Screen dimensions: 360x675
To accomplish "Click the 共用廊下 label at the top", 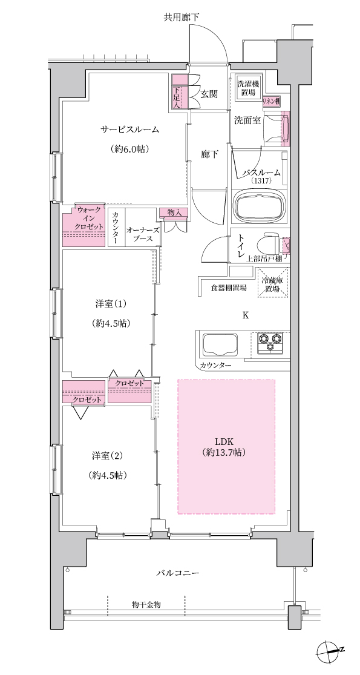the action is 181,17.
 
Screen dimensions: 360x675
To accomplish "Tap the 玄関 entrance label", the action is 209,94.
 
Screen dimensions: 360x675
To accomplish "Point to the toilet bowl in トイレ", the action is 268,245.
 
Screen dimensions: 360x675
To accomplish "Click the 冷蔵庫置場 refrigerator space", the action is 273,282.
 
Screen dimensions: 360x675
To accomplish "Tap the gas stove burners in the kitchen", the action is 270,343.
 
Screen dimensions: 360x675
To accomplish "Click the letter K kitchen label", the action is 246,315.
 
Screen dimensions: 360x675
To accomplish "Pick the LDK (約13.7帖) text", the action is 226,447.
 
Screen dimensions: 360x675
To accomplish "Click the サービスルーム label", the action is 129,129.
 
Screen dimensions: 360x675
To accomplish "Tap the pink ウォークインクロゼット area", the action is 84,225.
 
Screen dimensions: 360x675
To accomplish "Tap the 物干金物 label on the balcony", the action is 146,604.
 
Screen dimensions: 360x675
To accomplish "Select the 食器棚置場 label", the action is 228,288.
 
